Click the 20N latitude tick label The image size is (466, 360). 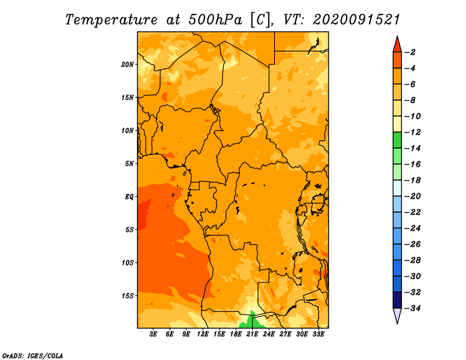[128, 65]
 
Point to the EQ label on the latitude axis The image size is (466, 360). [129, 197]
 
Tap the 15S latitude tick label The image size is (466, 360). [128, 296]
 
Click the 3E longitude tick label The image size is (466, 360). [153, 334]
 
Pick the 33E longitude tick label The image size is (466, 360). [318, 334]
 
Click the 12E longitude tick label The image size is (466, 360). [203, 334]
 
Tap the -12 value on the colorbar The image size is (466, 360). [413, 132]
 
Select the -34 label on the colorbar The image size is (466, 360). [413, 308]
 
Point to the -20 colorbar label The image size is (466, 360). [413, 196]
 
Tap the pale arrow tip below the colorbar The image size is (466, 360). [397, 323]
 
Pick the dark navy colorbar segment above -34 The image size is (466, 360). [397, 300]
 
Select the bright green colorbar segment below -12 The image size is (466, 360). [397, 140]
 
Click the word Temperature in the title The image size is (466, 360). [111, 20]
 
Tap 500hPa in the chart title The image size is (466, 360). [215, 20]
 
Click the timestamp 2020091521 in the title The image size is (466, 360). [356, 20]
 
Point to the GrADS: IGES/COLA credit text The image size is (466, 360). [33, 356]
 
